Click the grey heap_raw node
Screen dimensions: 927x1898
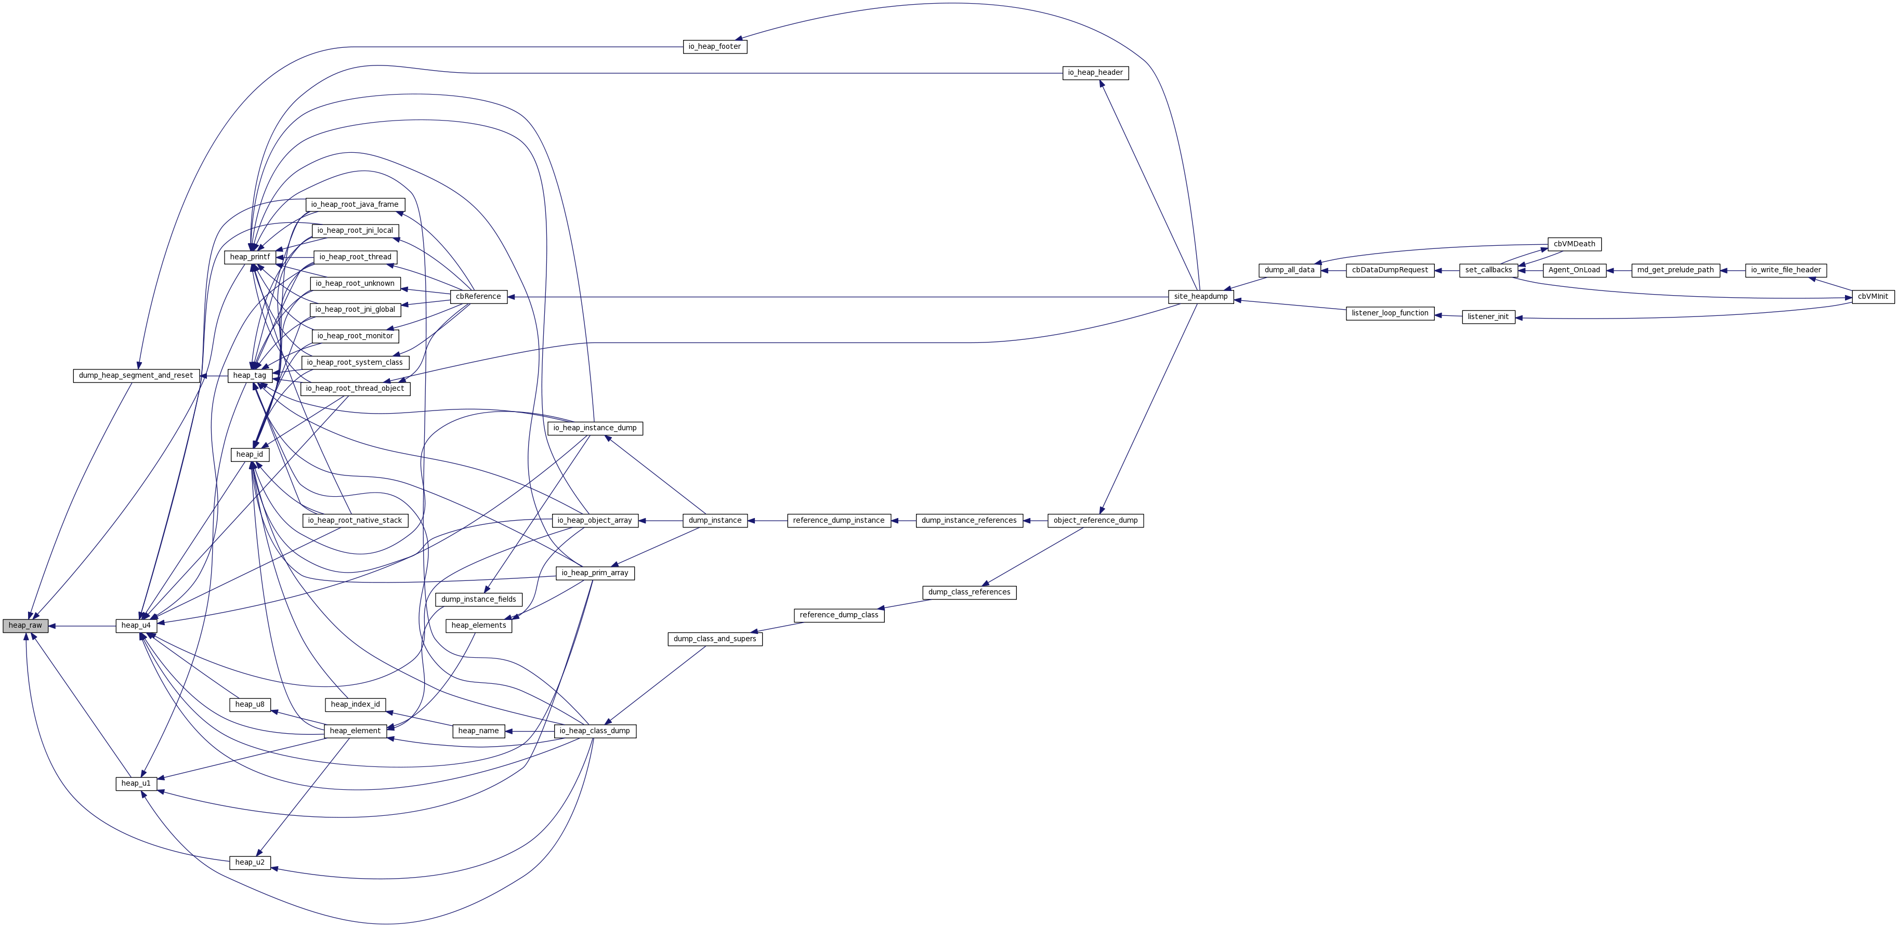(x=25, y=625)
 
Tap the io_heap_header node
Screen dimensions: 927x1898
(x=1095, y=73)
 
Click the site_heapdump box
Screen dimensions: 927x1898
(x=1200, y=296)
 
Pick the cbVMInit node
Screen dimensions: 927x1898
(x=1872, y=296)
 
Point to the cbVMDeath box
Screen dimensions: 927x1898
(x=1574, y=244)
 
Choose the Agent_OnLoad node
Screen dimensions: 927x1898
(x=1574, y=270)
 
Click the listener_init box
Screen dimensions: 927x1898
(x=1488, y=316)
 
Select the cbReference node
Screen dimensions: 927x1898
(x=478, y=296)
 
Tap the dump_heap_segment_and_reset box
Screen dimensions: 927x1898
(x=136, y=376)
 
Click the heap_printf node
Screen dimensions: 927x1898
(x=250, y=257)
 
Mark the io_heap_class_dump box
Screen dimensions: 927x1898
(x=594, y=731)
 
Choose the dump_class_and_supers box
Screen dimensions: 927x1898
(x=714, y=639)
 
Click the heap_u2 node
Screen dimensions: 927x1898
(x=250, y=862)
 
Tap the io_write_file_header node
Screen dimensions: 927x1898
(x=1785, y=270)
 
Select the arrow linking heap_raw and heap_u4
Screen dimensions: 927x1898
(x=82, y=626)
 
